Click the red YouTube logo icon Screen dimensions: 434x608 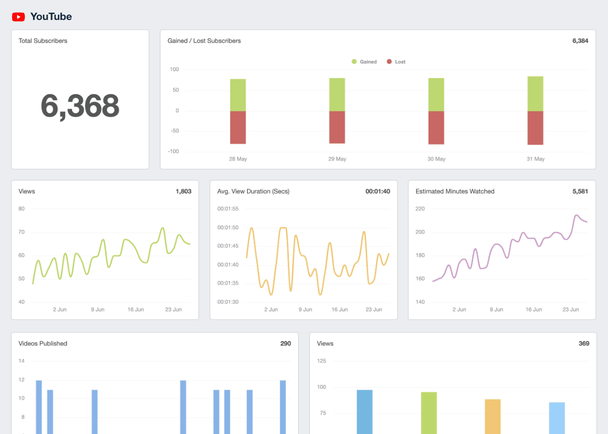click(x=19, y=17)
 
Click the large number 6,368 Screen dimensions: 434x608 click(x=80, y=106)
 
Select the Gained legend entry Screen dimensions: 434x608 click(x=364, y=62)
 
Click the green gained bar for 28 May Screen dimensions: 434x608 click(x=238, y=95)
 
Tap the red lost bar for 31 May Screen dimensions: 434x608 click(x=535, y=128)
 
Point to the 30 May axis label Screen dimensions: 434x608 click(x=436, y=159)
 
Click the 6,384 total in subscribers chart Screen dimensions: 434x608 click(x=580, y=41)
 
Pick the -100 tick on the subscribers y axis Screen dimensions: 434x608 click(x=174, y=151)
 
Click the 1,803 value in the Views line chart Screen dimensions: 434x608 click(x=183, y=191)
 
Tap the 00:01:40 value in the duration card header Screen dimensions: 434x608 click(x=378, y=191)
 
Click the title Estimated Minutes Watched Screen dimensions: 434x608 click(x=455, y=191)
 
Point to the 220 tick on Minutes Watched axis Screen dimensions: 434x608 click(x=420, y=209)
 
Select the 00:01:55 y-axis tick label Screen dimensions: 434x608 click(x=228, y=209)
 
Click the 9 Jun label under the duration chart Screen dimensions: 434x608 click(x=305, y=309)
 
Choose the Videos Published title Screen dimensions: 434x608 click(x=43, y=344)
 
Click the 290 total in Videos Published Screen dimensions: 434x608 click(x=285, y=344)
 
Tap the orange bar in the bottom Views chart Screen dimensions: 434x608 click(x=493, y=416)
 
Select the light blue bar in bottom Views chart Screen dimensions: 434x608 click(x=557, y=417)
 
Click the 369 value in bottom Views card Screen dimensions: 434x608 click(x=584, y=344)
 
